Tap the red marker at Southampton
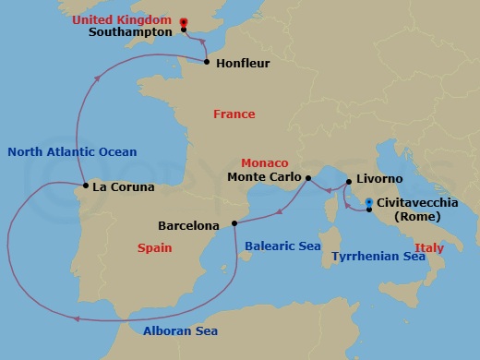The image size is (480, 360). tap(184, 21)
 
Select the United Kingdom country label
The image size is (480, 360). tap(136, 18)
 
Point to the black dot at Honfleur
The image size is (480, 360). tap(206, 61)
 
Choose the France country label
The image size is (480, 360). tap(234, 114)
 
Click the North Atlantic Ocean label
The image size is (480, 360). tap(71, 152)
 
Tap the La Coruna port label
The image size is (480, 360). tap(125, 186)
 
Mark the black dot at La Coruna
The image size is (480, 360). tap(86, 186)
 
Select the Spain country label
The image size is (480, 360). tap(155, 247)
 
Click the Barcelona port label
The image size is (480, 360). tap(189, 225)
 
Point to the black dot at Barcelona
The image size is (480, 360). tap(232, 222)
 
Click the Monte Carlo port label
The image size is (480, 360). tap(264, 177)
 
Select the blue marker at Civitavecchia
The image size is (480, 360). tap(368, 201)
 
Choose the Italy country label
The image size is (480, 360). tap(428, 247)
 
